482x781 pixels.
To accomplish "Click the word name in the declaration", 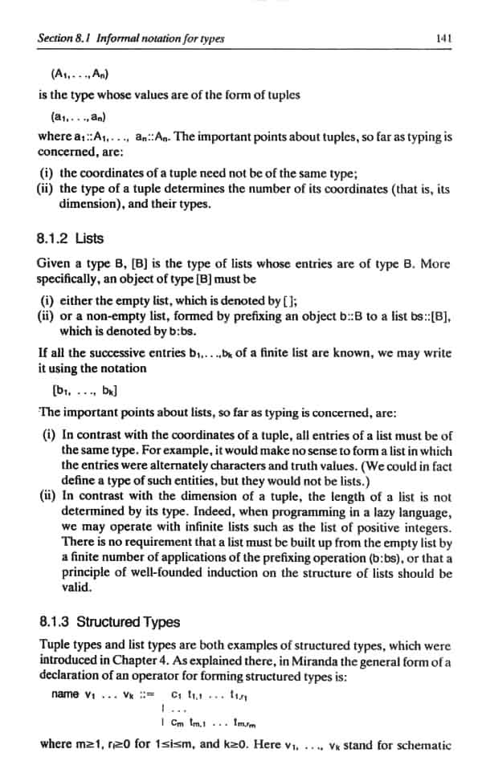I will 64,694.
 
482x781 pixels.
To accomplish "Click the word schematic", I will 423,744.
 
